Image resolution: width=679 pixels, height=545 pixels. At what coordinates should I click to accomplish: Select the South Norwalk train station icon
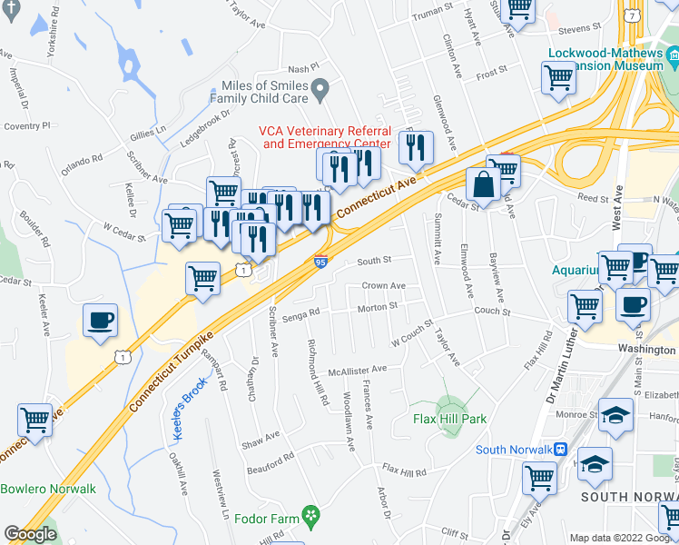tap(562, 450)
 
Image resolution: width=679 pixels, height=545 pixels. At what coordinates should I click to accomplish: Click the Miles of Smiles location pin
tap(319, 89)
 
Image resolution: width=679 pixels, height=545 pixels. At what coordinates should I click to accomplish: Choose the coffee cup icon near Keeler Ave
tap(100, 321)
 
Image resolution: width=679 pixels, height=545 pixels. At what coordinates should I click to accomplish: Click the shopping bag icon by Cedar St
tap(484, 184)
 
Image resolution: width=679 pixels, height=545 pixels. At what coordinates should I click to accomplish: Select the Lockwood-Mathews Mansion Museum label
tap(605, 59)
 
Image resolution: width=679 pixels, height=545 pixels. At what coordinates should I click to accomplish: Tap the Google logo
tap(30, 534)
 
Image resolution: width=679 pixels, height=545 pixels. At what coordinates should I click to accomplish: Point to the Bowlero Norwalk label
tap(48, 489)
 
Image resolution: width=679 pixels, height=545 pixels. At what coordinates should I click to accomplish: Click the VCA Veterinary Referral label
tap(324, 137)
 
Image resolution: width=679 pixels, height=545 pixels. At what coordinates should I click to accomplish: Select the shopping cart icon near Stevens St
tap(518, 9)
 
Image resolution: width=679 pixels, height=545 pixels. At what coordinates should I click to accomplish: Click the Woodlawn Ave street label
tap(349, 421)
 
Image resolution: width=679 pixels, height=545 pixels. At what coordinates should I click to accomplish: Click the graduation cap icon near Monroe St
tap(615, 416)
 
